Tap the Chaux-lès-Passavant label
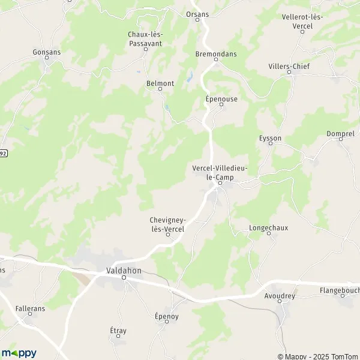pos(145,38)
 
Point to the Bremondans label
pos(217,54)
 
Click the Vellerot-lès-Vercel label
pos(302,20)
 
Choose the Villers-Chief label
pos(289,67)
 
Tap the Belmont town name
pos(160,83)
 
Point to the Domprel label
pos(340,134)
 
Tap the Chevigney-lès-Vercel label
pos(167,224)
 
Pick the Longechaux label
pos(269,228)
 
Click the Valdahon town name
pos(124,271)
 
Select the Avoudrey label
pos(280,296)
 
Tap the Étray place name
pos(118,331)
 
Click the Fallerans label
pos(30,308)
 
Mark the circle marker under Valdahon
pos(124,278)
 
